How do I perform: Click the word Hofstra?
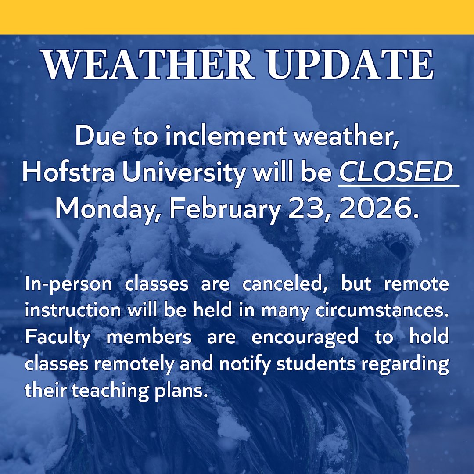[68, 173]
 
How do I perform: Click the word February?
[221, 209]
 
